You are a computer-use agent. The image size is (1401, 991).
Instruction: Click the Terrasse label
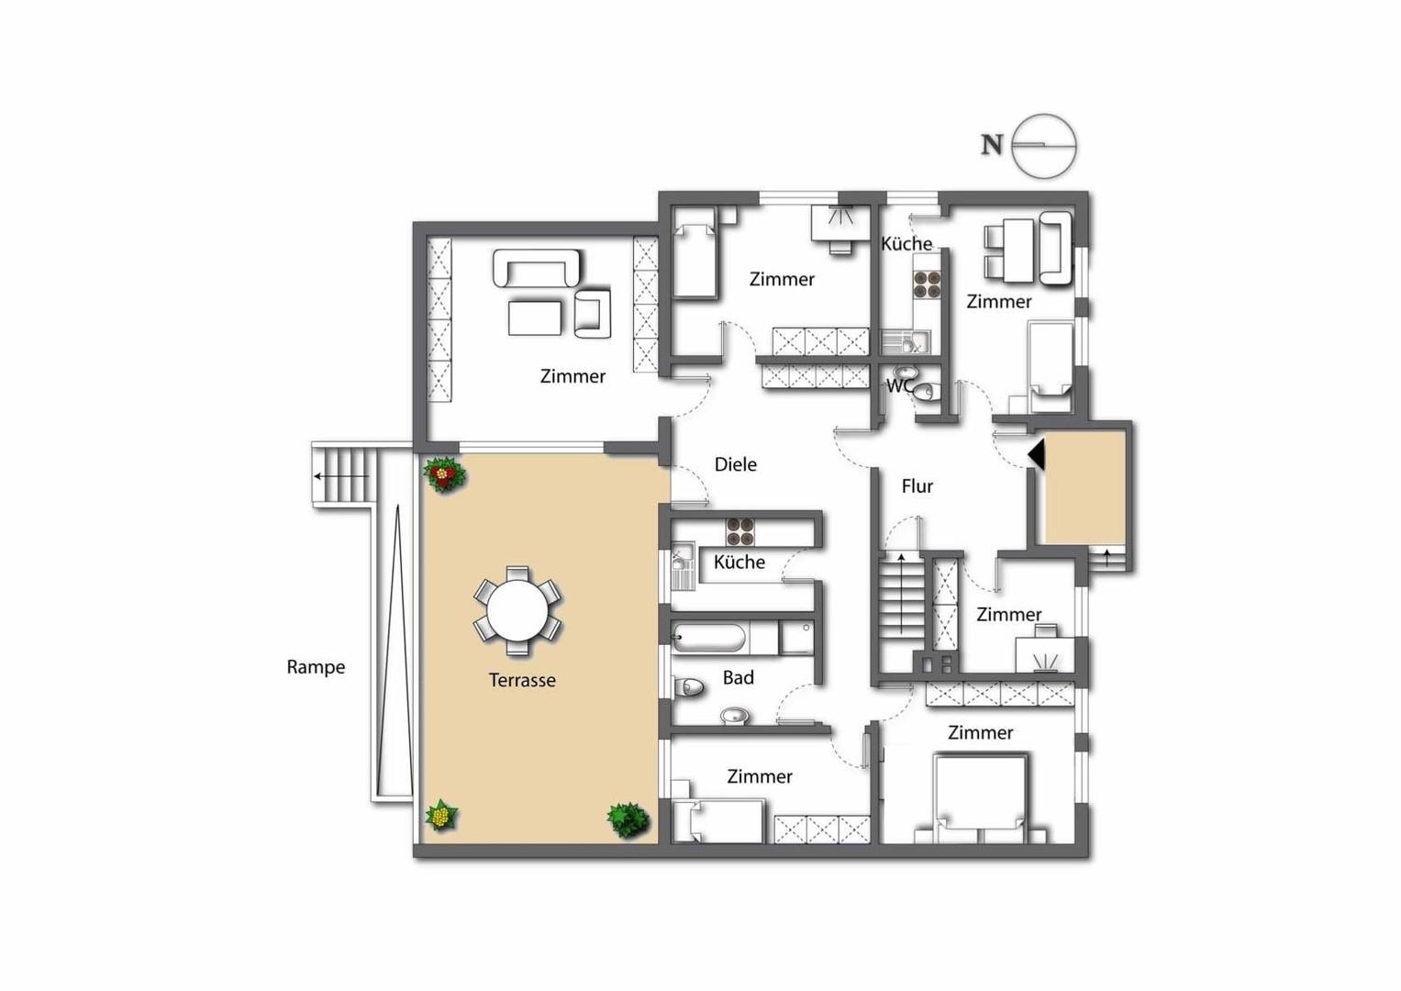[522, 680]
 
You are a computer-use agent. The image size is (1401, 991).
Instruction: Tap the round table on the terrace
[517, 611]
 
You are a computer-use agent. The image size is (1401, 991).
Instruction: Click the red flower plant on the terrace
[444, 474]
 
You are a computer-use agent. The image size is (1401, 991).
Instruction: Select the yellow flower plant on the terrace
[441, 816]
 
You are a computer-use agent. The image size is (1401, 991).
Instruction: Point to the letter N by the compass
[992, 145]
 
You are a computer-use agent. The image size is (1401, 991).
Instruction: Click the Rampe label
[316, 667]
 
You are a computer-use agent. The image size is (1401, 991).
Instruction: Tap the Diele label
[736, 464]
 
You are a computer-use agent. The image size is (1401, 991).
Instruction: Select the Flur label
[917, 486]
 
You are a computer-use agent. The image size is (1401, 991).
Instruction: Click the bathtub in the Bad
[708, 638]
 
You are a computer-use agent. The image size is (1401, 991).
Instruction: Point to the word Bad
[738, 677]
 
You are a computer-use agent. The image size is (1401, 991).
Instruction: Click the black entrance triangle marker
[1037, 454]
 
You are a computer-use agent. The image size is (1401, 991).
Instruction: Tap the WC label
[899, 386]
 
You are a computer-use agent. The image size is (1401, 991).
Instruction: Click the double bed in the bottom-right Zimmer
[980, 799]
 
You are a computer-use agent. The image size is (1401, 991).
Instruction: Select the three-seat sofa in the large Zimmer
[537, 268]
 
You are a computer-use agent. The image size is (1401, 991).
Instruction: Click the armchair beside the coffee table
[593, 314]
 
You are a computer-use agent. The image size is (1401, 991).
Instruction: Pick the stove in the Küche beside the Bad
[739, 532]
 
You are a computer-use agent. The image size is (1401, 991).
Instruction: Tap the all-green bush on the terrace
[628, 820]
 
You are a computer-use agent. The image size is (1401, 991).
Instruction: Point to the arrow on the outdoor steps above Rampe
[341, 476]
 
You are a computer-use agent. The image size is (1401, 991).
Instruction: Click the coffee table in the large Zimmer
[535, 317]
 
